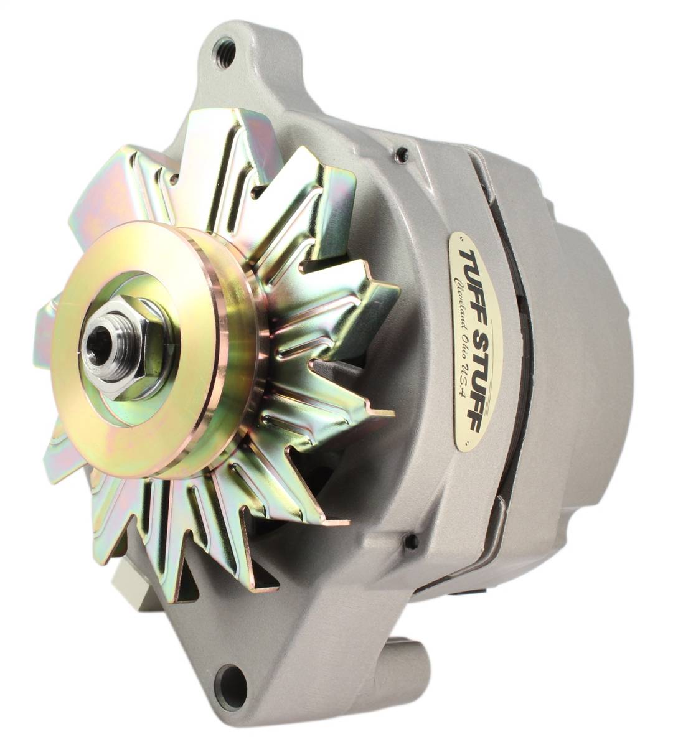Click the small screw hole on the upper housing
point(402,153)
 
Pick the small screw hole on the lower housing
point(411,542)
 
